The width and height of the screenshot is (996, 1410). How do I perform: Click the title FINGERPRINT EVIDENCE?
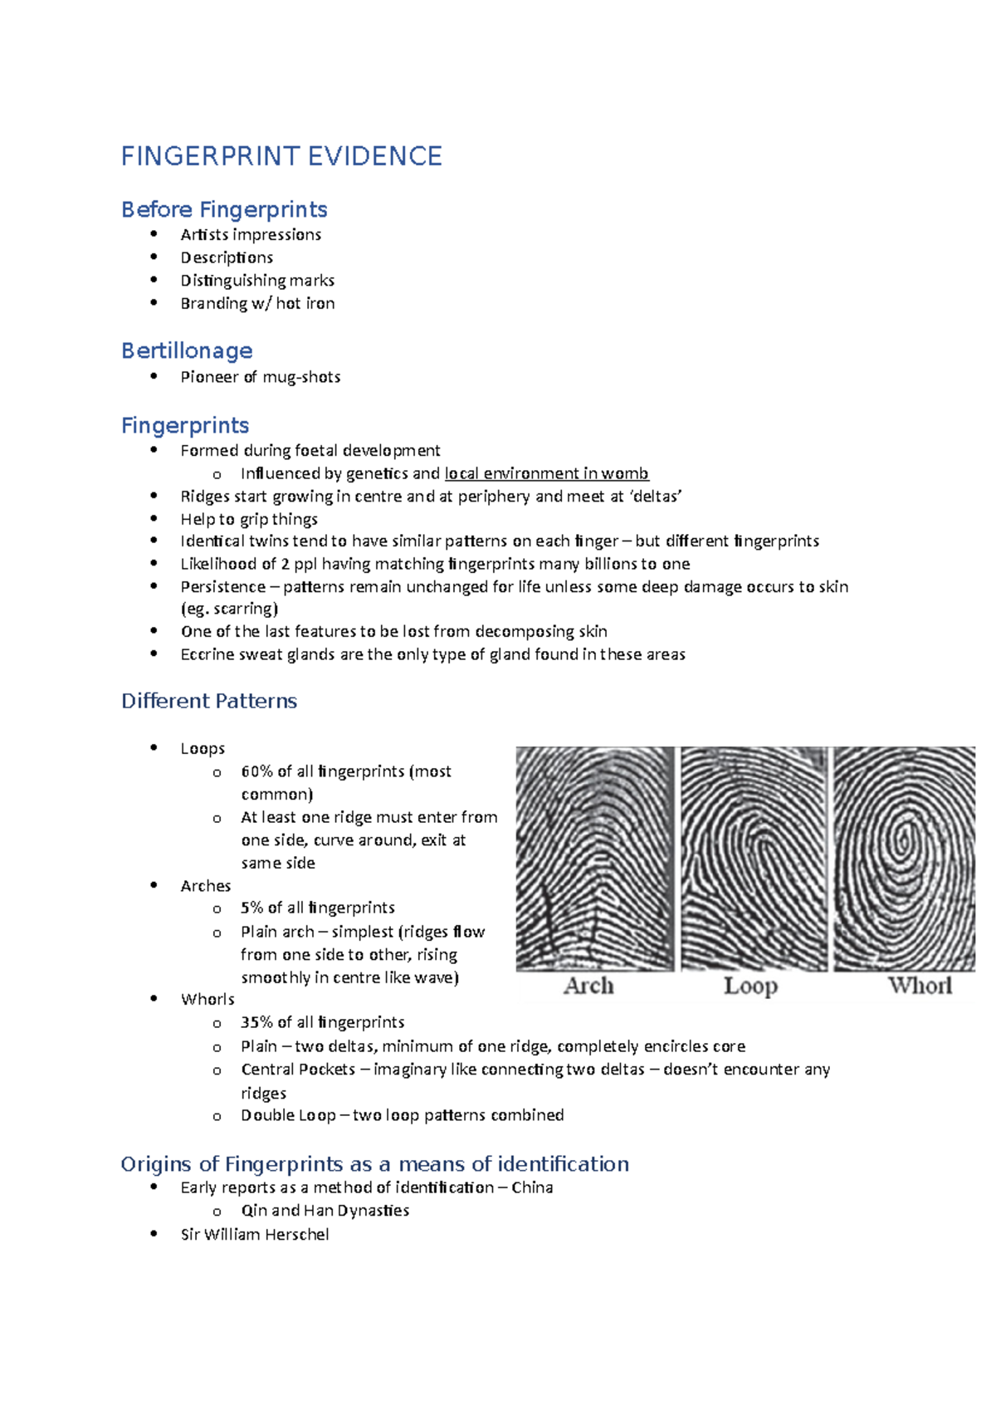[281, 156]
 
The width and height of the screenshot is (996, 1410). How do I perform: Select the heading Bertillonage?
[187, 350]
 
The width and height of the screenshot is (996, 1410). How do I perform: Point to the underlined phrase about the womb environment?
[546, 473]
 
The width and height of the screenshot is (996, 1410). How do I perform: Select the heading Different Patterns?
[209, 701]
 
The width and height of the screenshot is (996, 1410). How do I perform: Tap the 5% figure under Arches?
[251, 908]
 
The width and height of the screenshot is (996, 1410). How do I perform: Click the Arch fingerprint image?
[594, 858]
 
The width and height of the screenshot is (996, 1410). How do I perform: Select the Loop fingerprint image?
[754, 858]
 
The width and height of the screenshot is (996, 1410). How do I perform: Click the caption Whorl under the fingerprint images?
[920, 986]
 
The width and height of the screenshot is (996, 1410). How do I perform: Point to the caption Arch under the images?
[588, 986]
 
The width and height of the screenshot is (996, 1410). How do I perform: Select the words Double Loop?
[288, 1115]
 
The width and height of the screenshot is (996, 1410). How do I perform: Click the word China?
[532, 1187]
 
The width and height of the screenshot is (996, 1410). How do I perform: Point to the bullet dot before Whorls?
[154, 998]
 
